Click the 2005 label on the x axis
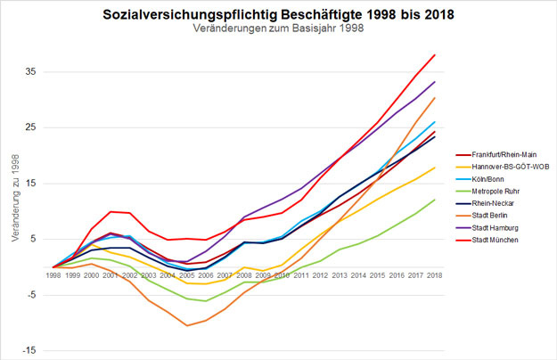pos(187,275)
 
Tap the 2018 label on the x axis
pos(434,275)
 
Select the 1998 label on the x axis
pos(54,275)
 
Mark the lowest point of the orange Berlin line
pos(187,325)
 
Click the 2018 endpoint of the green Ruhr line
pos(434,200)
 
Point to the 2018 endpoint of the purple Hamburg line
pos(434,82)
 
